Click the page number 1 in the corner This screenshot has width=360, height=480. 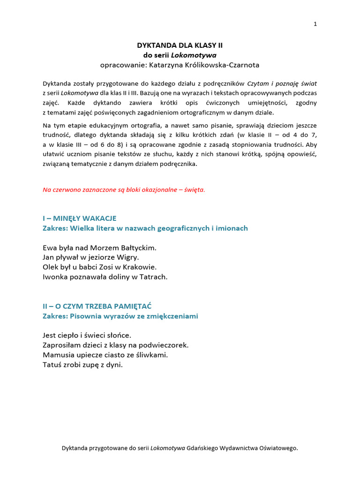(315, 25)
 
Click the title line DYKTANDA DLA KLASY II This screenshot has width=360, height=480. (180, 45)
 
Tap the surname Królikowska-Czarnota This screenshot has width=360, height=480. (220, 65)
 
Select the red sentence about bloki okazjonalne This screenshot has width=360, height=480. (124, 190)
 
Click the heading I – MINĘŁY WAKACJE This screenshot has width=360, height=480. (79, 218)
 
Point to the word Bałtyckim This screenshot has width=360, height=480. (140, 247)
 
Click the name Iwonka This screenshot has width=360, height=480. (56, 277)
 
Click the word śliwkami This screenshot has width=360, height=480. (153, 355)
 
